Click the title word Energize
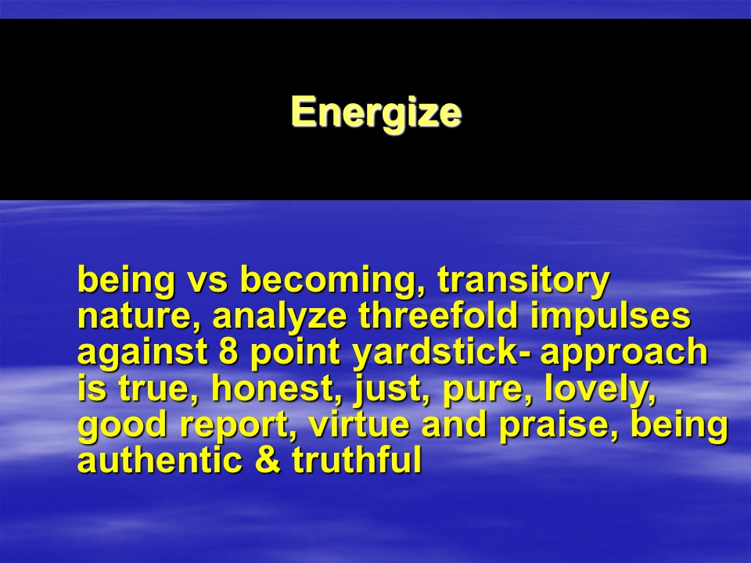(376, 112)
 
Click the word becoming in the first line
(332, 280)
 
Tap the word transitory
(523, 280)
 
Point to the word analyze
(279, 317)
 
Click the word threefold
(438, 315)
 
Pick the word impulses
(611, 317)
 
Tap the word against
(142, 353)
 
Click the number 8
(228, 351)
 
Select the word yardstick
(434, 353)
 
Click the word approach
(624, 353)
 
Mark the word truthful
(357, 460)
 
